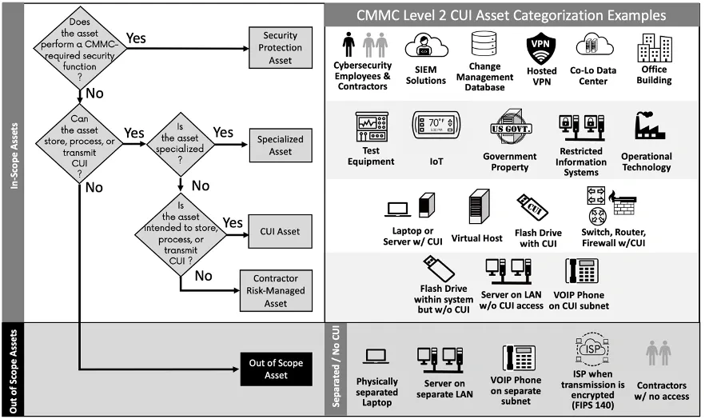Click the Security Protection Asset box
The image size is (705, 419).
pos(281,48)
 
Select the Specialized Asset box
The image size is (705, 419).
pos(281,145)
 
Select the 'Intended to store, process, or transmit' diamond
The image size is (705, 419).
pos(181,230)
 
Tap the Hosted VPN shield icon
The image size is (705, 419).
pos(541,50)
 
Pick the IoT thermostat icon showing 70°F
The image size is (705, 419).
pos(436,126)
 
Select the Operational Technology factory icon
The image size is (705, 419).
pos(646,128)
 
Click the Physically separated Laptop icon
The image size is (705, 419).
pos(376,357)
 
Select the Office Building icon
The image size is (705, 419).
pos(654,50)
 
